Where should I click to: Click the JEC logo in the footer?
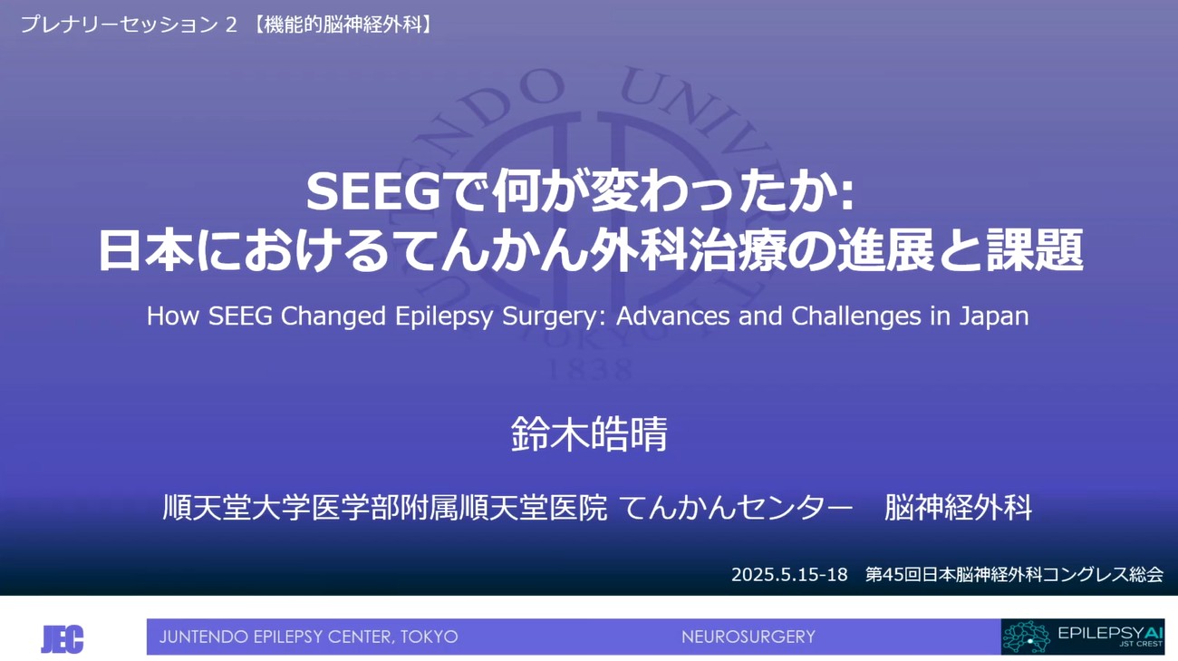pyautogui.click(x=62, y=638)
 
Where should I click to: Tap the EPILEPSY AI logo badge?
pyautogui.click(x=1082, y=637)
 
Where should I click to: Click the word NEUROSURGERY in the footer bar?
pyautogui.click(x=748, y=637)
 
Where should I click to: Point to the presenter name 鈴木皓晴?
pyautogui.click(x=589, y=434)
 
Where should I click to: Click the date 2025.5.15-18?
pyautogui.click(x=789, y=574)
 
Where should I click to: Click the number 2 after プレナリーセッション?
pyautogui.click(x=230, y=25)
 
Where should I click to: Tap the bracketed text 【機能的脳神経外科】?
pyautogui.click(x=341, y=25)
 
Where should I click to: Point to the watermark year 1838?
pyautogui.click(x=590, y=368)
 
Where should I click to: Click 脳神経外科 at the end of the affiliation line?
pyautogui.click(x=958, y=507)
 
